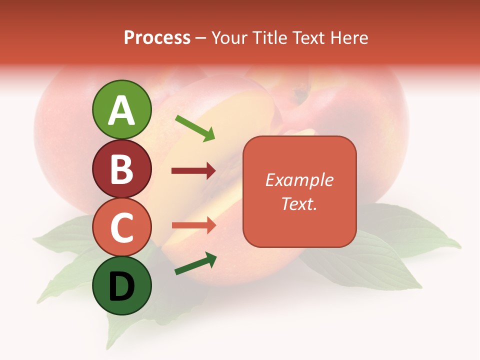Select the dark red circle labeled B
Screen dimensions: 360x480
point(122,168)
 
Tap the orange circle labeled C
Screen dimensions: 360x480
point(122,227)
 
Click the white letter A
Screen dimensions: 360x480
point(122,111)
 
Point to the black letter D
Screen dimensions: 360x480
point(121,287)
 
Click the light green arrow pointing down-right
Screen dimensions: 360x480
point(195,128)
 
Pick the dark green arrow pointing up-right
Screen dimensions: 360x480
point(195,263)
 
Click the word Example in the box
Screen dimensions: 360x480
point(299,180)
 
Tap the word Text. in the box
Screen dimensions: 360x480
point(299,203)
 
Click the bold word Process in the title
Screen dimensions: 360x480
point(157,37)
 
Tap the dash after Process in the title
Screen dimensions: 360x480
point(201,38)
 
